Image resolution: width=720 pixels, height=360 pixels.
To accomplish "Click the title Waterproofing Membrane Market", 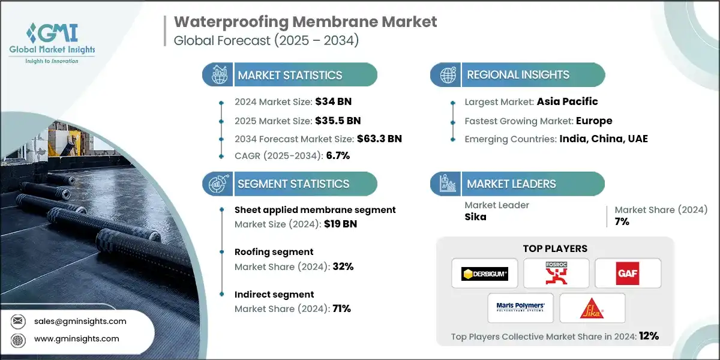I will coord(305,22).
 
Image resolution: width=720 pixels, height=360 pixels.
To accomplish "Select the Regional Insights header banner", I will coord(517,75).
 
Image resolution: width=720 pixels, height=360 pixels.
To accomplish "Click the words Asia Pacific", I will coord(568,101).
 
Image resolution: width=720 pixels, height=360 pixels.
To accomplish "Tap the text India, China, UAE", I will coord(604,139).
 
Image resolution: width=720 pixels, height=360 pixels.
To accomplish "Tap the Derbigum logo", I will coord(484,274).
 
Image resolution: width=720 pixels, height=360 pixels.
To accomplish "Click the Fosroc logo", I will coord(556,274).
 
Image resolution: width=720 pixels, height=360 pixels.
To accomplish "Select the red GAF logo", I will coord(628,274).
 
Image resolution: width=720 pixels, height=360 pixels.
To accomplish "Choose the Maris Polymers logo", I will coord(520,308).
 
